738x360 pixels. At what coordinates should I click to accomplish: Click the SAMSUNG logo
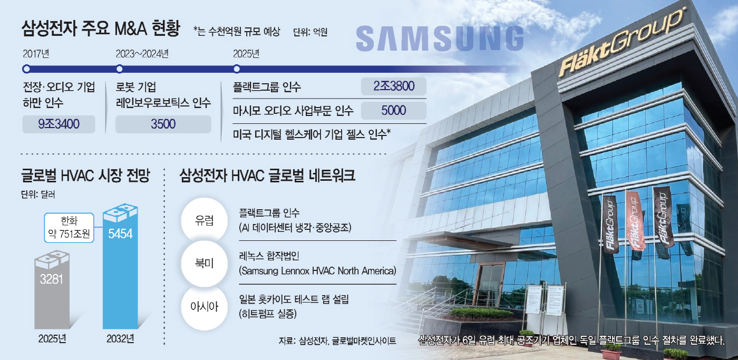coord(440,39)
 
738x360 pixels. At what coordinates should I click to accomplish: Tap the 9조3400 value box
coord(59,124)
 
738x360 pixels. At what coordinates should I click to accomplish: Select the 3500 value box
coord(163,124)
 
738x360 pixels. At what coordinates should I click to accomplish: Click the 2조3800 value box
coord(394,86)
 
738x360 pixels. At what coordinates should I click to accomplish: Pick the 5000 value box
coord(394,110)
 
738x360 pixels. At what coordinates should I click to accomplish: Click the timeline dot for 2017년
coord(26,69)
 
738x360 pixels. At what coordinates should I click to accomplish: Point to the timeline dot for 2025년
coord(237,69)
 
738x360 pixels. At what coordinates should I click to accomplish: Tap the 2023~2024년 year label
coord(142,54)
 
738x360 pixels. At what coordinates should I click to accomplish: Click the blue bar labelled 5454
coord(120,267)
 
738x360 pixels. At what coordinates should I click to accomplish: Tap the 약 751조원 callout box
coord(69,228)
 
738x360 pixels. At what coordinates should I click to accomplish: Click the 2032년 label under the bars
coord(120,338)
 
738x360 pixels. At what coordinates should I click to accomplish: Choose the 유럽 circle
coord(205,220)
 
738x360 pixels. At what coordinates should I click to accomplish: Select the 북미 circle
coord(205,264)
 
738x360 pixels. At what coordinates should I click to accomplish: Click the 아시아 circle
coord(205,307)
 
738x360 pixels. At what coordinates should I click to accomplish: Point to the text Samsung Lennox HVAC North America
coord(317,271)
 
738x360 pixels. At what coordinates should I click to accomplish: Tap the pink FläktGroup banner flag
coord(635,221)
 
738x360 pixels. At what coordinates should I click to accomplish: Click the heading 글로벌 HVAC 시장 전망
coord(85,175)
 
